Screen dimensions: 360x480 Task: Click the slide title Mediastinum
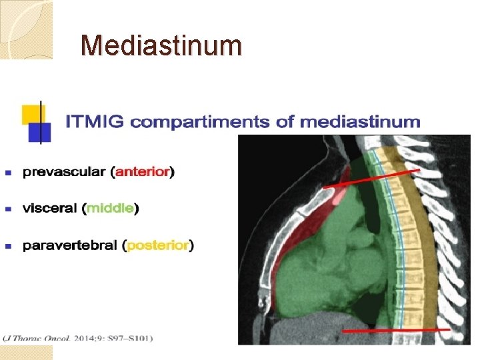161,45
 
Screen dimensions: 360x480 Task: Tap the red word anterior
143,172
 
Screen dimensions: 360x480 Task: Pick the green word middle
111,209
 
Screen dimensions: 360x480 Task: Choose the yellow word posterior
159,246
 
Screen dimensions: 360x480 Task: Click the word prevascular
64,172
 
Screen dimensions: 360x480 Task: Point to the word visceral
49,209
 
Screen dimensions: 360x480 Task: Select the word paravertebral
71,246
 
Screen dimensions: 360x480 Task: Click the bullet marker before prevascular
9,173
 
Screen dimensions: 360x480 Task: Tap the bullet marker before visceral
9,209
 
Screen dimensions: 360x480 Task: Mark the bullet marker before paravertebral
9,247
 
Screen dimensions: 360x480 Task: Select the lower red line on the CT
396,330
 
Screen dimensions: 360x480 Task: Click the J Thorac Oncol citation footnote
77,338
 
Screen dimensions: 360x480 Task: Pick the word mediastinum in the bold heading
360,122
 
